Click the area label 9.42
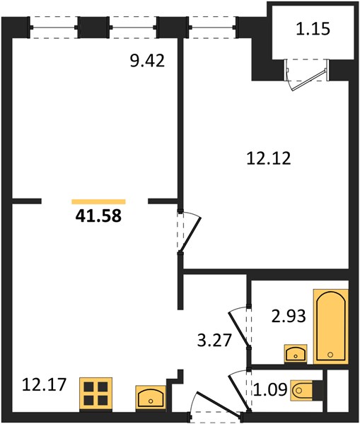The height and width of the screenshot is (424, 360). (x=147, y=61)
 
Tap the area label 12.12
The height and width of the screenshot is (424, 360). (x=269, y=158)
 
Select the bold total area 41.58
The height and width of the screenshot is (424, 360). (x=98, y=216)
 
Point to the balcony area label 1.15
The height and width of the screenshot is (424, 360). (x=313, y=29)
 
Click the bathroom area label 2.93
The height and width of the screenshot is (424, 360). (x=289, y=316)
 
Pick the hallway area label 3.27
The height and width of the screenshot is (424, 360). (x=214, y=340)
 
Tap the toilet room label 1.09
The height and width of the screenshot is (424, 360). (x=270, y=389)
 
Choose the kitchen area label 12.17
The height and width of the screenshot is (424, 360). (x=44, y=384)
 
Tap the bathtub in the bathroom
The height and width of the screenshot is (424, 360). (x=331, y=326)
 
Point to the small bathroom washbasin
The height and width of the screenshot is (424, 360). (x=296, y=354)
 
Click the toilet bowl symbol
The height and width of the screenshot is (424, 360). (x=303, y=390)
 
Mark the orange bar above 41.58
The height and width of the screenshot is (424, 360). (x=98, y=201)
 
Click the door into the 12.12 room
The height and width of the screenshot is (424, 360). (x=190, y=232)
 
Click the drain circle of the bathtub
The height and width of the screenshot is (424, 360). (x=330, y=355)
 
